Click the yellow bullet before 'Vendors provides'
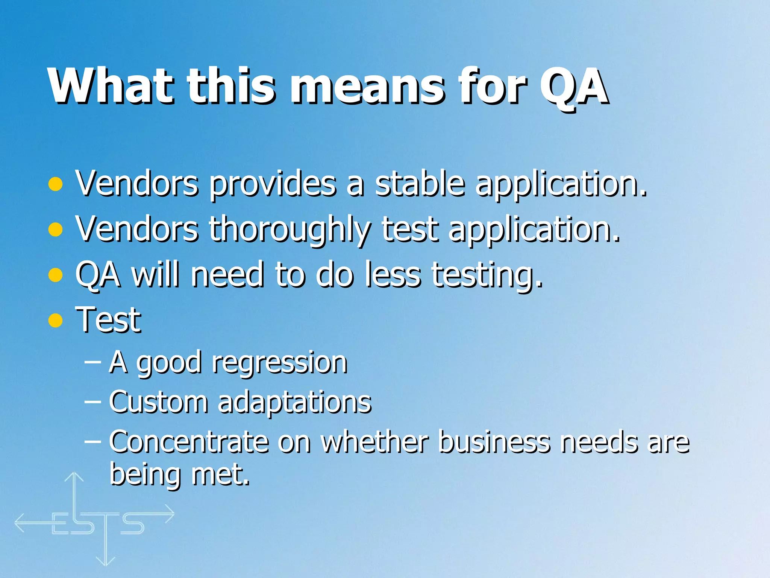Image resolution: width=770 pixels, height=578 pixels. coord(56,184)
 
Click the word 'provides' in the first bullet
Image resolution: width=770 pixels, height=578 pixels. coord(272,184)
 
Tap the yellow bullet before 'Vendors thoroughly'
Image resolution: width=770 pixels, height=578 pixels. coord(56,230)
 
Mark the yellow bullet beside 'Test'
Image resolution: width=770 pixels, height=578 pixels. coord(56,320)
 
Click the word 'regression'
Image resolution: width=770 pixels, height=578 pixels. coord(279,363)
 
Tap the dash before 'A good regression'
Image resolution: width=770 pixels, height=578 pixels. coord(92,362)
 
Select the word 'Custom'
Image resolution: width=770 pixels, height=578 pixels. coord(158,402)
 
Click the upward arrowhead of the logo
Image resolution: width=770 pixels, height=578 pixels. coord(74,477)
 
